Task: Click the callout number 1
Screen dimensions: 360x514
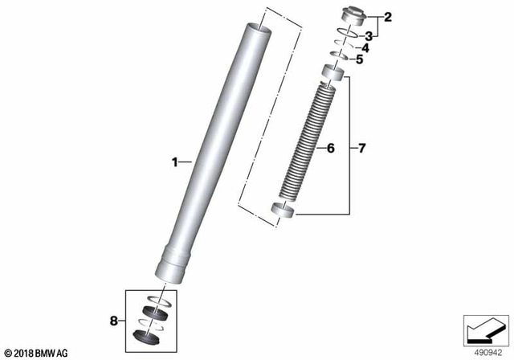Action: [x=174, y=162]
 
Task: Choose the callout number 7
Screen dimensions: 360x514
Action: [x=361, y=149]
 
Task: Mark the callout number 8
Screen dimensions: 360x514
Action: [x=112, y=321]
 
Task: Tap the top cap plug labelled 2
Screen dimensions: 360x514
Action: [x=352, y=15]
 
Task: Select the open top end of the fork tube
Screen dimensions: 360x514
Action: [x=256, y=28]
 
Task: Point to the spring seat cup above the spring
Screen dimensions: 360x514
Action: [x=334, y=74]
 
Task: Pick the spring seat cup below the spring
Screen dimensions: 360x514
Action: [x=284, y=212]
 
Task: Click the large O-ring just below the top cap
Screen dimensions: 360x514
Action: [x=347, y=34]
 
